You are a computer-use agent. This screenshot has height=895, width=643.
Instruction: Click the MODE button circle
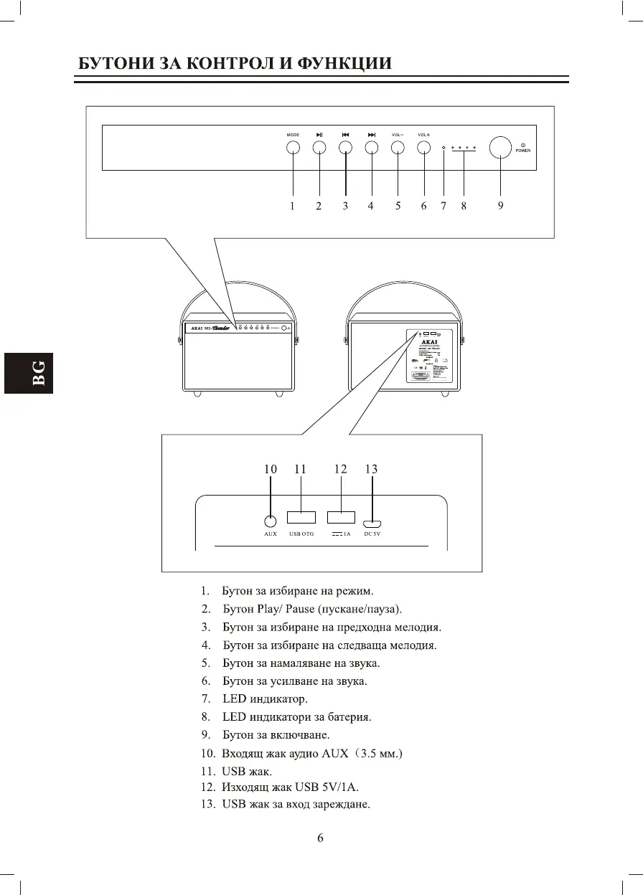click(x=293, y=148)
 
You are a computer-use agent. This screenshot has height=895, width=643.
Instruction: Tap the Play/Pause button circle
click(x=319, y=148)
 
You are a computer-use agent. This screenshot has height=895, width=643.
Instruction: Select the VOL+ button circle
click(x=423, y=148)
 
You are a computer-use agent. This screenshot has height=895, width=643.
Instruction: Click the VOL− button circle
click(x=398, y=148)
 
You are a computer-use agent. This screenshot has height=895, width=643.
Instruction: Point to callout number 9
click(x=500, y=206)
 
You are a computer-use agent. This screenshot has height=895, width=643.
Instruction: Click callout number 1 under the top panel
click(x=292, y=206)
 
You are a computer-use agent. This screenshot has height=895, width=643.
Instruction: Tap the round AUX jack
click(x=271, y=523)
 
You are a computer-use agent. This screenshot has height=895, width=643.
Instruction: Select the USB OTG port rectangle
click(x=301, y=517)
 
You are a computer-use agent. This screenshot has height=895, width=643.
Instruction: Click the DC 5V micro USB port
click(x=372, y=524)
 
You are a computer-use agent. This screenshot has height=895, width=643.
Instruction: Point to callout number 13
click(x=371, y=469)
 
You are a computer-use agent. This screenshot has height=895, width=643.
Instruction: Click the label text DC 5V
click(x=372, y=534)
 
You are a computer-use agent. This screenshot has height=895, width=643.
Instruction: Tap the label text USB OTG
click(x=301, y=534)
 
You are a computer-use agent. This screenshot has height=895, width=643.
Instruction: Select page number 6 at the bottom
click(x=321, y=838)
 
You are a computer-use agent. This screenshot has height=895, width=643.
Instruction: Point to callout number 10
click(x=271, y=469)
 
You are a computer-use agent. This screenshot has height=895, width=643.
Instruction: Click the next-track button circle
click(x=371, y=148)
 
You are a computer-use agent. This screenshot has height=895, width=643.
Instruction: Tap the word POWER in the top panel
click(x=522, y=151)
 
